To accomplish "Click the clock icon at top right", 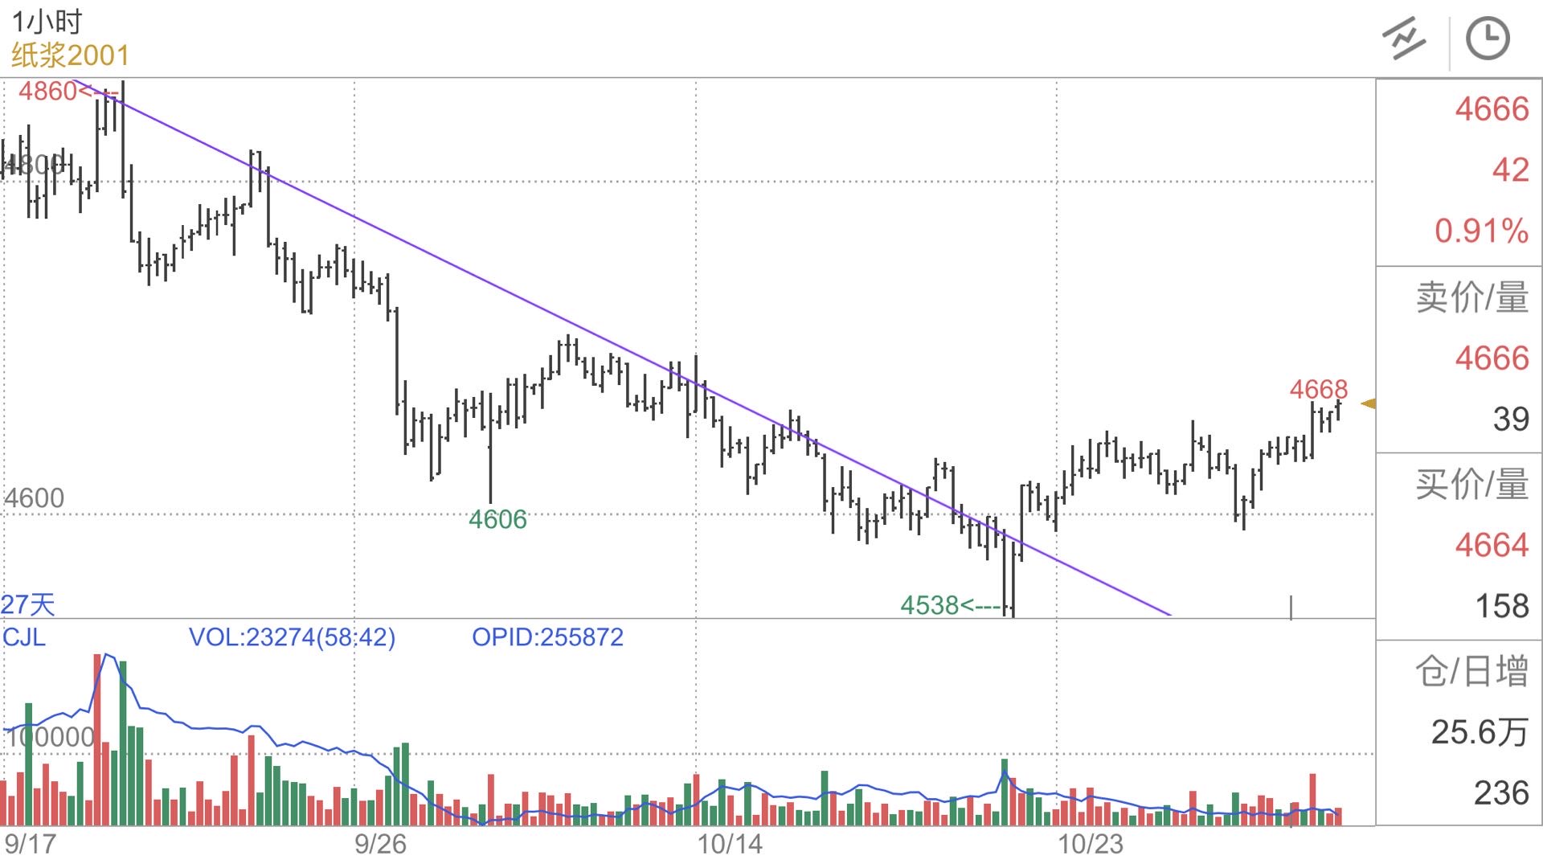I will coord(1488,39).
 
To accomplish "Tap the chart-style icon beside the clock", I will coord(1404,39).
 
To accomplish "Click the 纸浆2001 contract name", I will coord(70,55).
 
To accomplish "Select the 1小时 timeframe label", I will coord(47,22).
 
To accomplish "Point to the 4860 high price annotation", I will coord(48,92).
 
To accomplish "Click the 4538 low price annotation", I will coord(930,605).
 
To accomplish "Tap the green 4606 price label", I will coord(497,520).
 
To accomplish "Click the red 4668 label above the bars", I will coord(1318,390).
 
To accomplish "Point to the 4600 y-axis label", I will coord(35,498).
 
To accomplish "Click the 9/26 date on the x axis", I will coord(380,845).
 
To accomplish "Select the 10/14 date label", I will coord(730,845).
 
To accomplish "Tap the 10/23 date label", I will coord(1090,845).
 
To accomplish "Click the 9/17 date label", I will coord(31,845).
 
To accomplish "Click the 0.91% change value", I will coord(1481,231).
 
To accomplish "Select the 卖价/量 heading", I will coord(1471,297).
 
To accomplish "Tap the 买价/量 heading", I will coord(1471,485).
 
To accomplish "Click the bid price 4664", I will coord(1492,546).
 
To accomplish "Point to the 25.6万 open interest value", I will coord(1479,732).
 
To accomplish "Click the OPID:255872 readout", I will coord(547,637).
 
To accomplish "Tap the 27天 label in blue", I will coord(28,604).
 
